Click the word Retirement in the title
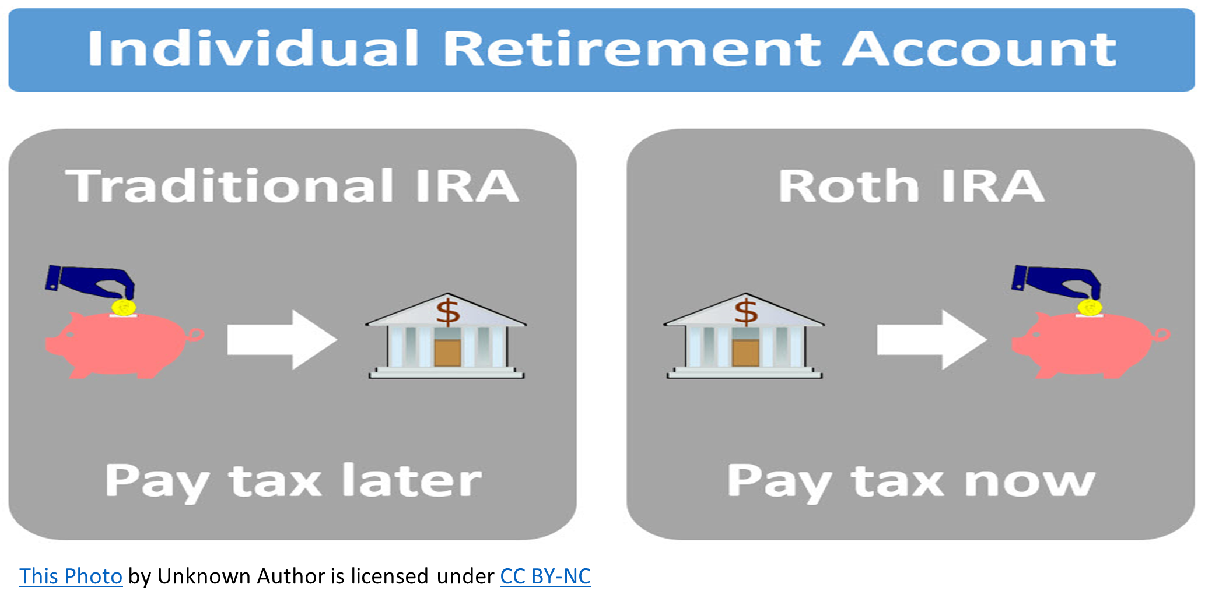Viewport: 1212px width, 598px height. pyautogui.click(x=632, y=48)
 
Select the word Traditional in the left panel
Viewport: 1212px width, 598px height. pyautogui.click(x=230, y=186)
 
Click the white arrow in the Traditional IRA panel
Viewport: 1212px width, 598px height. pyautogui.click(x=282, y=340)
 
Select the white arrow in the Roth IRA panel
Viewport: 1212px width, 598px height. pyautogui.click(x=932, y=340)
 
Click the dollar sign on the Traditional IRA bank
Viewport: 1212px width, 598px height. pyautogui.click(x=448, y=312)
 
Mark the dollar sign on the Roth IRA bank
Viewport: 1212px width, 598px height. pyautogui.click(x=746, y=312)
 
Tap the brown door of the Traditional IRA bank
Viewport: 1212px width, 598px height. pyautogui.click(x=447, y=353)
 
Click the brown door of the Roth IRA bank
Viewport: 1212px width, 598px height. pyautogui.click(x=745, y=353)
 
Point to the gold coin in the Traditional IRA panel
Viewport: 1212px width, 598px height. pyautogui.click(x=123, y=307)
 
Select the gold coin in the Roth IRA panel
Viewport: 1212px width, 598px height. pyautogui.click(x=1090, y=307)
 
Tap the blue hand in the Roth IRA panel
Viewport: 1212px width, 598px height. pyautogui.click(x=1056, y=281)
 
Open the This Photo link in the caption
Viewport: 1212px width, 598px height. pyautogui.click(x=71, y=576)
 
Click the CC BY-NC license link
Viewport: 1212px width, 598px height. pyautogui.click(x=545, y=576)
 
